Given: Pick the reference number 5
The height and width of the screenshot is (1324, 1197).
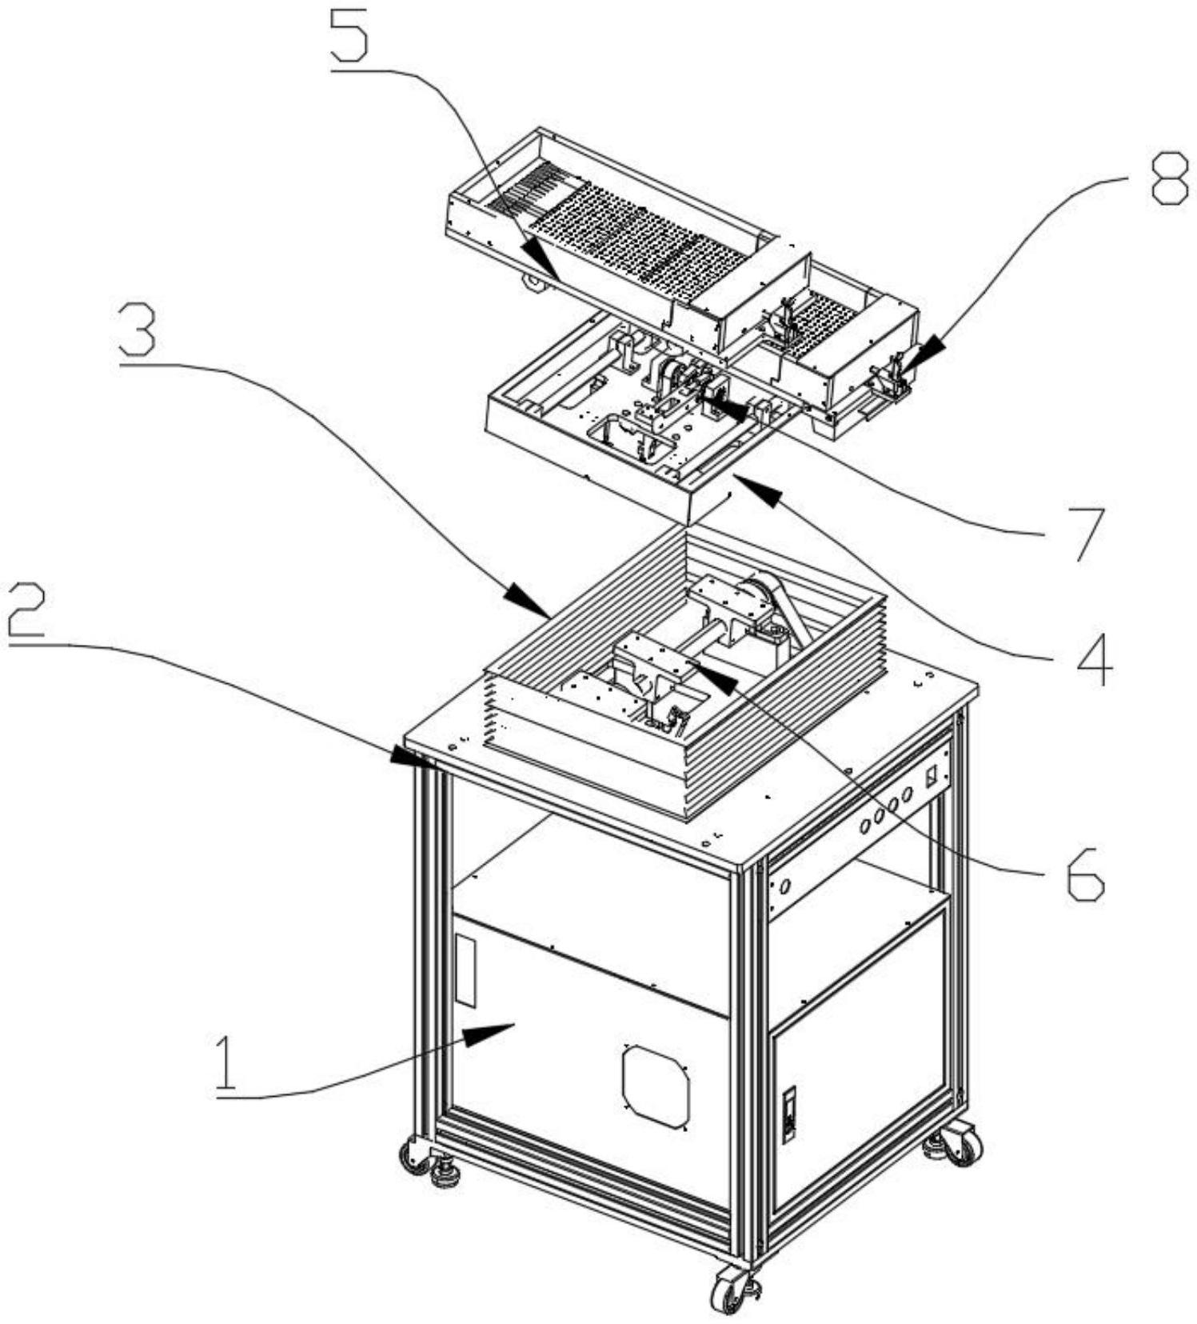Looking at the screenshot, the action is (x=349, y=36).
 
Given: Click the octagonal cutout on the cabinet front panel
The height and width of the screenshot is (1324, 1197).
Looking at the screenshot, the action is (x=656, y=1085).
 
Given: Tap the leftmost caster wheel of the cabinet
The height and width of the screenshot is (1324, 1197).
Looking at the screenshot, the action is (x=413, y=1157).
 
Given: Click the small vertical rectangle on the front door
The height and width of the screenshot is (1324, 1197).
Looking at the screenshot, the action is (x=465, y=971).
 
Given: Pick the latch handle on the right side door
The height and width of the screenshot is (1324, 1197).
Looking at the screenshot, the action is (x=790, y=1113).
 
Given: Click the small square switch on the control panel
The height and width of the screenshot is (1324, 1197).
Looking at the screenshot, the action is (x=931, y=775).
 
